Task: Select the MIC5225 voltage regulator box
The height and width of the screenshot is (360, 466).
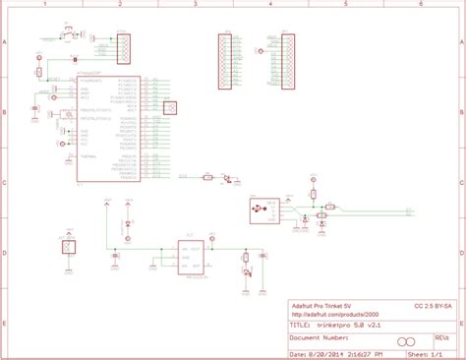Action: (x=189, y=257)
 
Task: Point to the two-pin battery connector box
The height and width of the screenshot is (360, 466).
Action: (x=68, y=250)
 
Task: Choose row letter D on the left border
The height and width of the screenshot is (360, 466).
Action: (x=5, y=253)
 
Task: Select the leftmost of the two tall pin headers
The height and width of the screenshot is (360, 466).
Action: (x=223, y=62)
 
